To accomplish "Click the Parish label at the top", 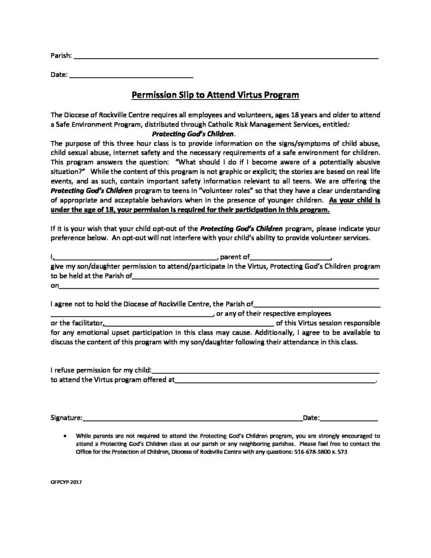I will coord(60,56).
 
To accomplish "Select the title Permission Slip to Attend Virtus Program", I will coord(216,94).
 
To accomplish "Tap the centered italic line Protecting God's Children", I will coord(193,134).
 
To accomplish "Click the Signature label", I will coord(66,418).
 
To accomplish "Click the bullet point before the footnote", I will coord(66,436).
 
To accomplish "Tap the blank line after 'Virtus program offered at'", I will coord(275,382).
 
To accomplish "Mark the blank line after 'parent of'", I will coord(290,257).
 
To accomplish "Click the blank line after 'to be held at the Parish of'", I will coord(256,277).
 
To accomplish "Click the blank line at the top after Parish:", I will coord(226,57).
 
